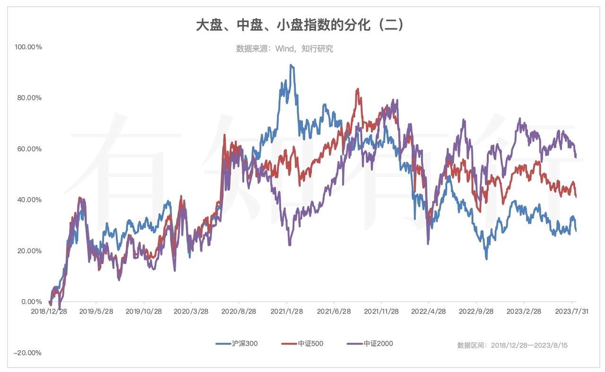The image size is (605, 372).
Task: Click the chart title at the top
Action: pyautogui.click(x=300, y=25)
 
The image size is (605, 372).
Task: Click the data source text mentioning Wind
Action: pyautogui.click(x=285, y=49)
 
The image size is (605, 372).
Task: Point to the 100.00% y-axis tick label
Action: pyautogui.click(x=28, y=47)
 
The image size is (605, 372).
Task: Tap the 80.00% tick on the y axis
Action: pyautogui.click(x=29, y=98)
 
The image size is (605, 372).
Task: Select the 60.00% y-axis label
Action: pyautogui.click(x=29, y=149)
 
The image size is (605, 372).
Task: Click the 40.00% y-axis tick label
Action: pyautogui.click(x=29, y=200)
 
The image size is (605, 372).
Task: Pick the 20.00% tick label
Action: pyautogui.click(x=29, y=251)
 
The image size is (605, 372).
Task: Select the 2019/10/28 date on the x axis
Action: pyautogui.click(x=144, y=312)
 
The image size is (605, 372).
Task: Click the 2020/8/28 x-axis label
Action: pyautogui.click(x=239, y=312)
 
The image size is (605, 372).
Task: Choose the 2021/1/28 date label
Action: pyautogui.click(x=286, y=312)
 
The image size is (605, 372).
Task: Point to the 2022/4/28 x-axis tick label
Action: pyautogui.click(x=428, y=312)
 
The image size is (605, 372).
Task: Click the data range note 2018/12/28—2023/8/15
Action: pyautogui.click(x=512, y=346)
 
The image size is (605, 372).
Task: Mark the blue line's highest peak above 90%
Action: pyautogui.click(x=291, y=65)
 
